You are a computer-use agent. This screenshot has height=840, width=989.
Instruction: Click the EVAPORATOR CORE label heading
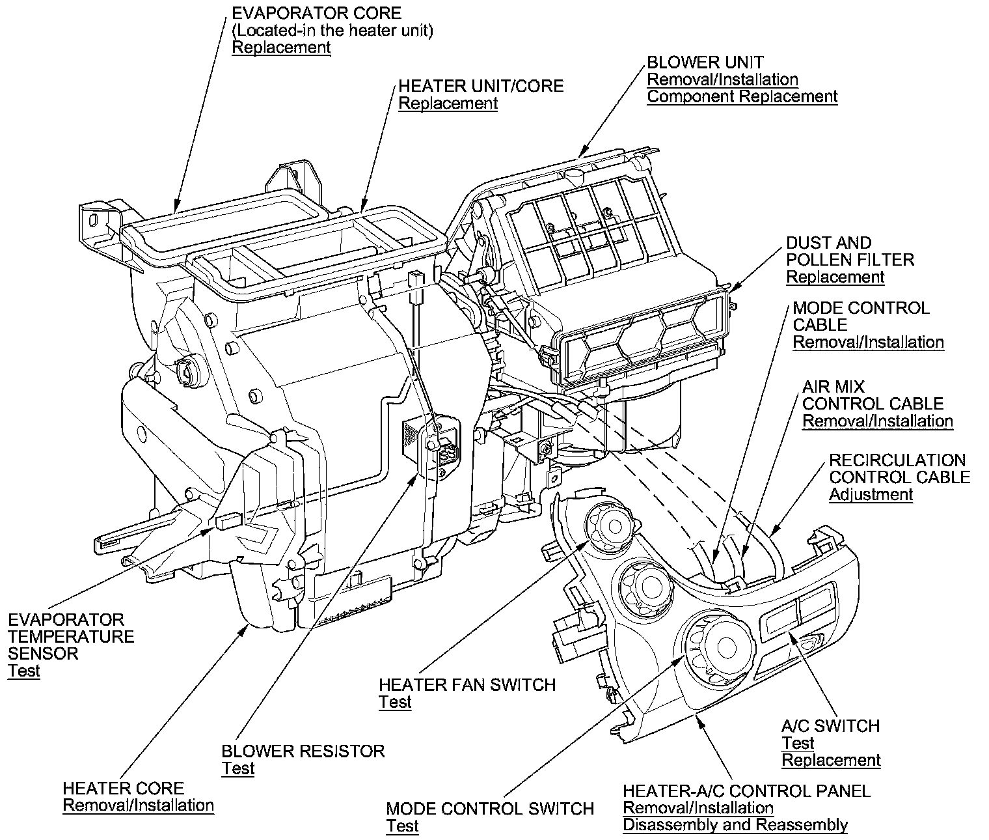click(316, 13)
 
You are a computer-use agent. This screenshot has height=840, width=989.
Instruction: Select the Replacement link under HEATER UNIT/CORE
click(448, 104)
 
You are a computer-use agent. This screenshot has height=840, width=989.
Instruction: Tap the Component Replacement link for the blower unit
click(742, 97)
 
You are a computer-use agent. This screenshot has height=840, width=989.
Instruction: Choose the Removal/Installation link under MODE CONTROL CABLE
click(868, 343)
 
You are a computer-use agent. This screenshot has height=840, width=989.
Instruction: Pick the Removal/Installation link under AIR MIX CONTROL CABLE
click(877, 421)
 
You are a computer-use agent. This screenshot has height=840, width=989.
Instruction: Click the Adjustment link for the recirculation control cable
click(871, 494)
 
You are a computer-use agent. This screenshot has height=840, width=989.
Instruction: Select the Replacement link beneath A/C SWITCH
click(831, 761)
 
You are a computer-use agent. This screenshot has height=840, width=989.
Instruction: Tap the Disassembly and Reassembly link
click(735, 826)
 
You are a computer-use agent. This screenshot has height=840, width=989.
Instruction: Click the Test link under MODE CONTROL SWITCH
click(402, 826)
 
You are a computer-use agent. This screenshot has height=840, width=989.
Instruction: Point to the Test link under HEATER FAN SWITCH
click(395, 702)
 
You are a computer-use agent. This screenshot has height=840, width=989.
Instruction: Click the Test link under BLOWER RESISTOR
click(237, 768)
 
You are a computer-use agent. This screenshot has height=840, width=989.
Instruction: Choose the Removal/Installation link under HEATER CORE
click(138, 805)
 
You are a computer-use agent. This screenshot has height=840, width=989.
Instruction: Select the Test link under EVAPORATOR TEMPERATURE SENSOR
click(24, 671)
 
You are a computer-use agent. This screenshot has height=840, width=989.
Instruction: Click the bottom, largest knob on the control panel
click(719, 645)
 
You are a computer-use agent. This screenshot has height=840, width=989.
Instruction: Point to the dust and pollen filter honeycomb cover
click(641, 341)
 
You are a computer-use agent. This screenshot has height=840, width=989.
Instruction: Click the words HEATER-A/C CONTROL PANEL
click(746, 791)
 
